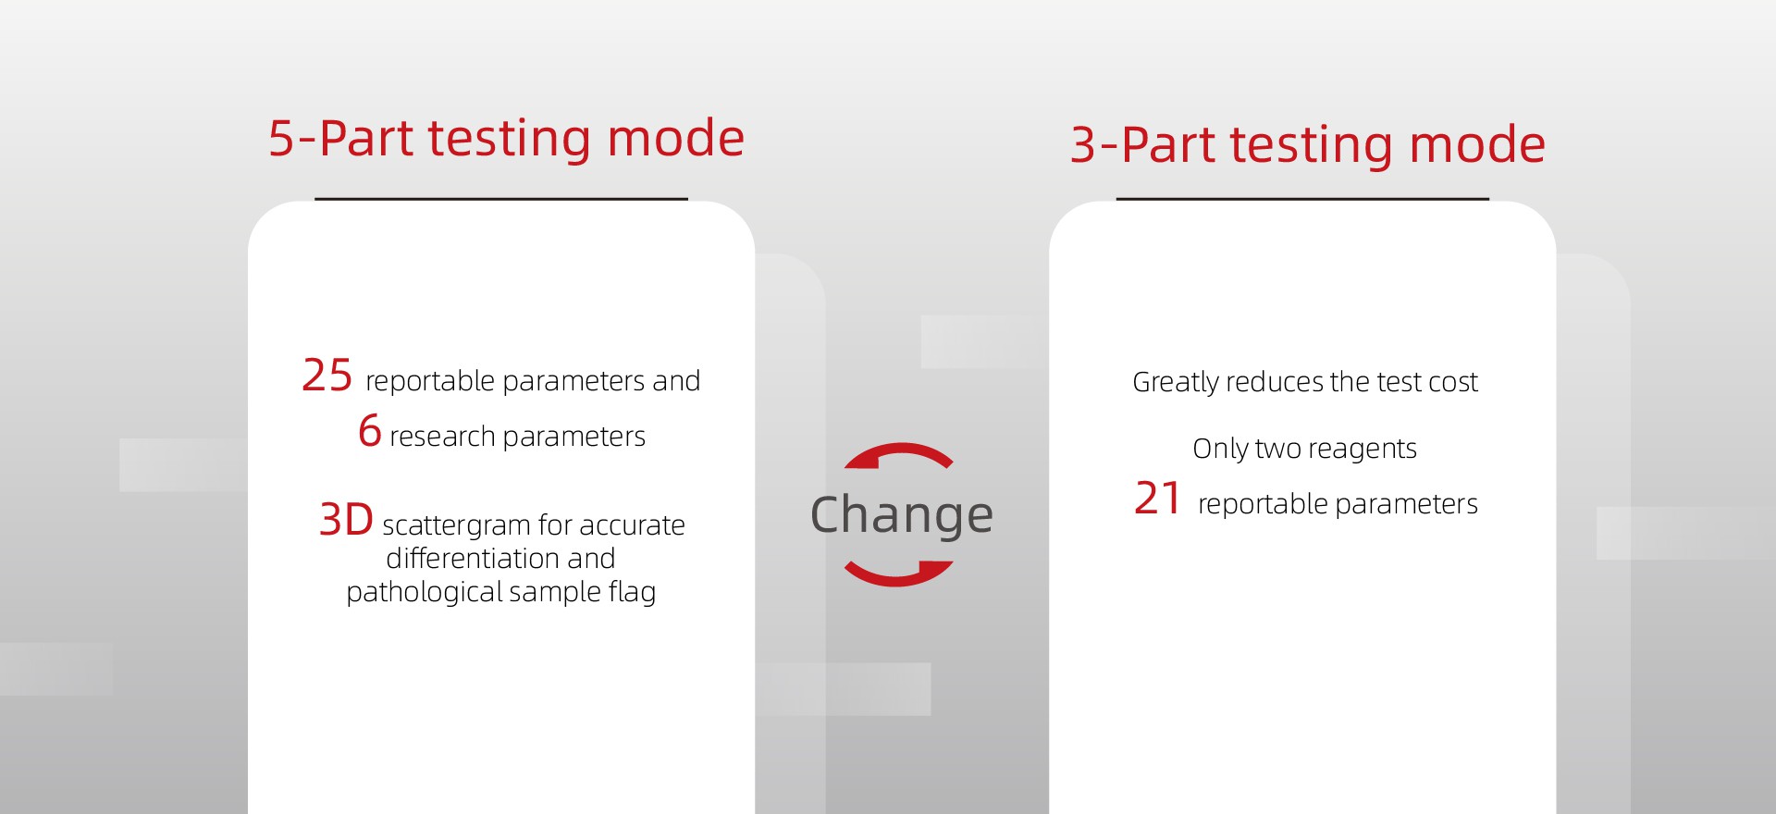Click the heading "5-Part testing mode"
[x=506, y=140]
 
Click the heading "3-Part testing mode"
[x=1307, y=146]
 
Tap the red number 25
[x=327, y=376]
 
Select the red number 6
[x=370, y=431]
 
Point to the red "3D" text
[x=346, y=520]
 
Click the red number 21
[x=1157, y=499]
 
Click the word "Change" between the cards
[x=902, y=515]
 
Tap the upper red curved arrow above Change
[x=899, y=454]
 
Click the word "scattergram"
[x=456, y=525]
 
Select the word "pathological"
[x=423, y=592]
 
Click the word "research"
[x=443, y=437]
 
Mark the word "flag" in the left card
[x=632, y=592]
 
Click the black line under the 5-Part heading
[x=501, y=198]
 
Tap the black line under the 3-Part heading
[x=1302, y=198]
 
